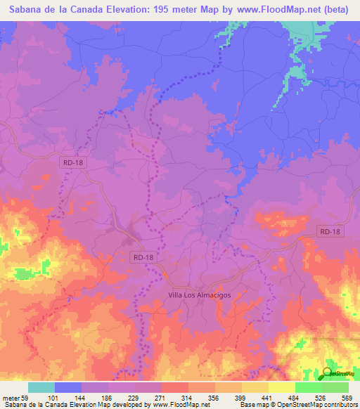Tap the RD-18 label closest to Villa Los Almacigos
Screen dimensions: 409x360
(143, 258)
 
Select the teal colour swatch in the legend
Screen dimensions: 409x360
(41, 387)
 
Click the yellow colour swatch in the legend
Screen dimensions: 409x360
(281, 387)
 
